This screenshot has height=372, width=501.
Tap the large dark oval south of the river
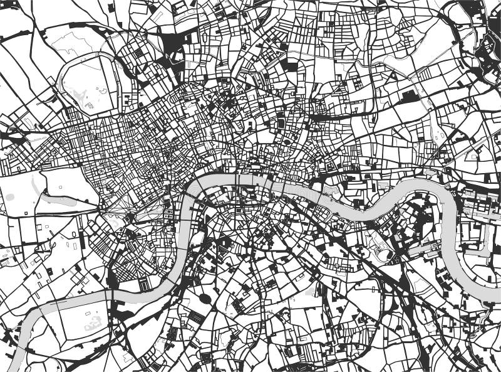point(205,299)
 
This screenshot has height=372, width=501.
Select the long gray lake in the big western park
point(59,201)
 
